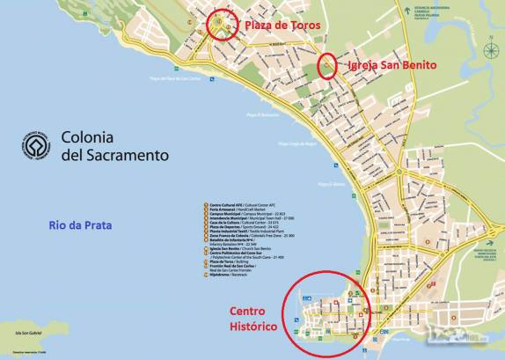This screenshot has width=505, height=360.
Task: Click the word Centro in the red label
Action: [253, 312]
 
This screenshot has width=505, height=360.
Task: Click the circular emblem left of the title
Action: [36, 146]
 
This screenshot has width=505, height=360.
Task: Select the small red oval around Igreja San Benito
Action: [326, 67]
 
